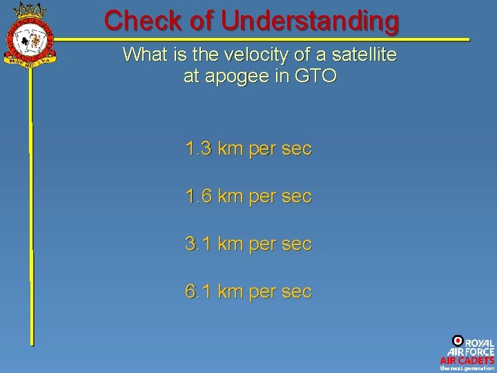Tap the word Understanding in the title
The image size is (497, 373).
pyautogui.click(x=310, y=21)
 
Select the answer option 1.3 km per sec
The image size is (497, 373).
pyautogui.click(x=248, y=149)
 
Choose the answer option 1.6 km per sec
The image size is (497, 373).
pyautogui.click(x=248, y=196)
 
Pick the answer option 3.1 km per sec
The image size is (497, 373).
pyautogui.click(x=248, y=244)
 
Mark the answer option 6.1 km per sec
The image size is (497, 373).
pyautogui.click(x=248, y=291)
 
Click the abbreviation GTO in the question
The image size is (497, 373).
pyautogui.click(x=315, y=76)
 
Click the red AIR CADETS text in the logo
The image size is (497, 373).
pyautogui.click(x=467, y=360)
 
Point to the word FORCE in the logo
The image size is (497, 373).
pyautogui.click(x=478, y=352)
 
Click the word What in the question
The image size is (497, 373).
pyautogui.click(x=144, y=55)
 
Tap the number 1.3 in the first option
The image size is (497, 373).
pyautogui.click(x=198, y=149)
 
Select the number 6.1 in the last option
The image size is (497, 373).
pyautogui.click(x=198, y=291)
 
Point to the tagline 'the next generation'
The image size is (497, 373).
pyautogui.click(x=467, y=368)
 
